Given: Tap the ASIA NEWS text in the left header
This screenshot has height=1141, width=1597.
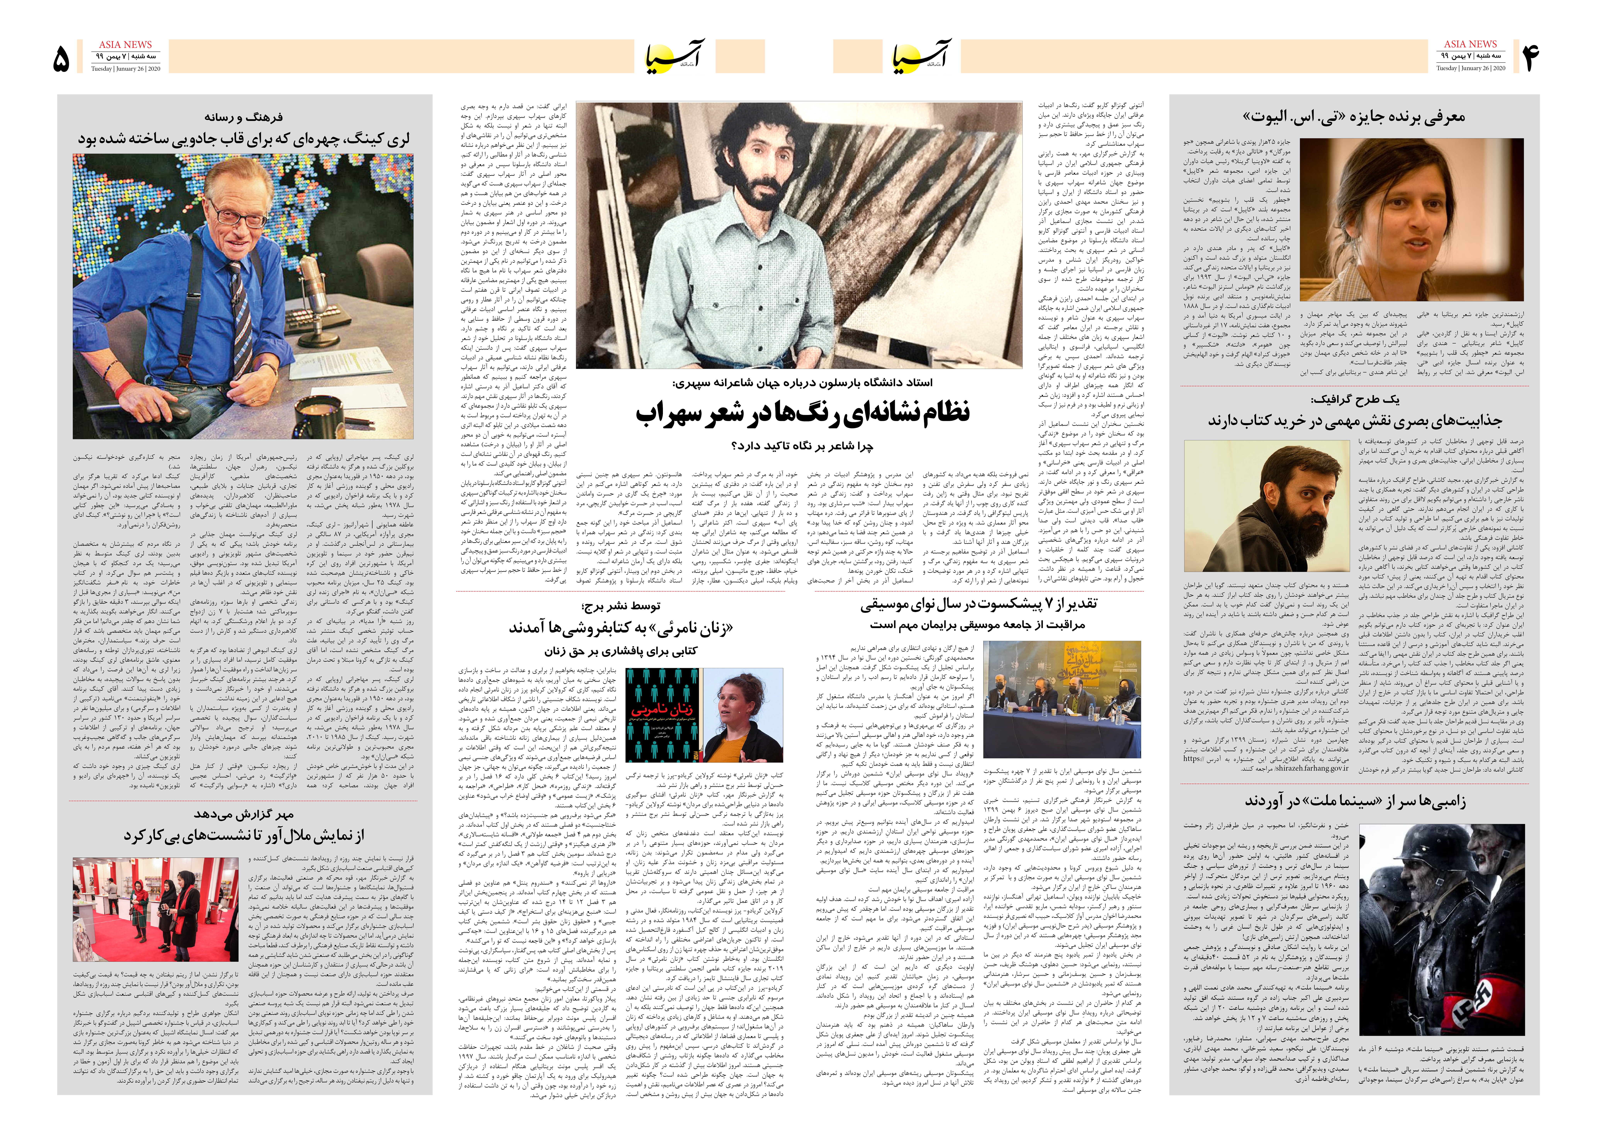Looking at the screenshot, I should click(125, 44).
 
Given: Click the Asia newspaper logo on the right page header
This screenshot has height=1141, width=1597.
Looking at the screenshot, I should click(921, 56).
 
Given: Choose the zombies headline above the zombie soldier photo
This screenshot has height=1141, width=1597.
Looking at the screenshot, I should click(1355, 800).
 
